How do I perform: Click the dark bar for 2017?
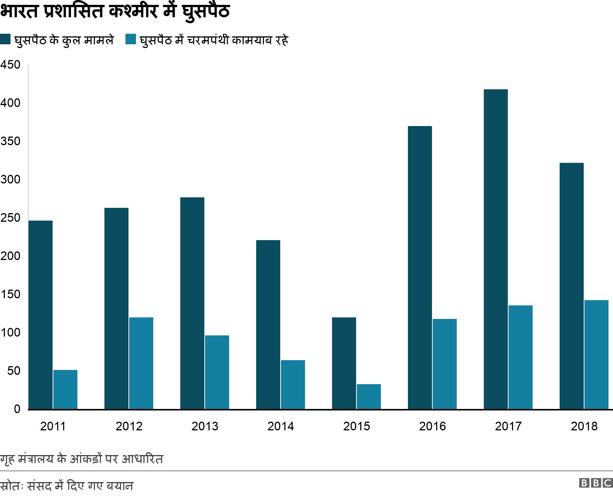(495, 249)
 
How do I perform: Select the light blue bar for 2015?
(368, 397)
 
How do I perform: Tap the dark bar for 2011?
(41, 315)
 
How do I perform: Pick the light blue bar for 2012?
(141, 363)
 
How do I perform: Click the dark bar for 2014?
(268, 325)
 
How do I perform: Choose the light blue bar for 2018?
(596, 355)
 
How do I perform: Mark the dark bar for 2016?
(420, 268)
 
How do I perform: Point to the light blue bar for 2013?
(217, 372)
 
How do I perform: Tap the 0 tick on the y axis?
(17, 409)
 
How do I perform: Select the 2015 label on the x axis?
(356, 426)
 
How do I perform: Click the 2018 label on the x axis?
(584, 426)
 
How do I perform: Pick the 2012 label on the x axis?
(129, 426)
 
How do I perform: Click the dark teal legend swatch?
(5, 39)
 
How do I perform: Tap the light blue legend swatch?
(130, 39)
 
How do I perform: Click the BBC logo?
(596, 483)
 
